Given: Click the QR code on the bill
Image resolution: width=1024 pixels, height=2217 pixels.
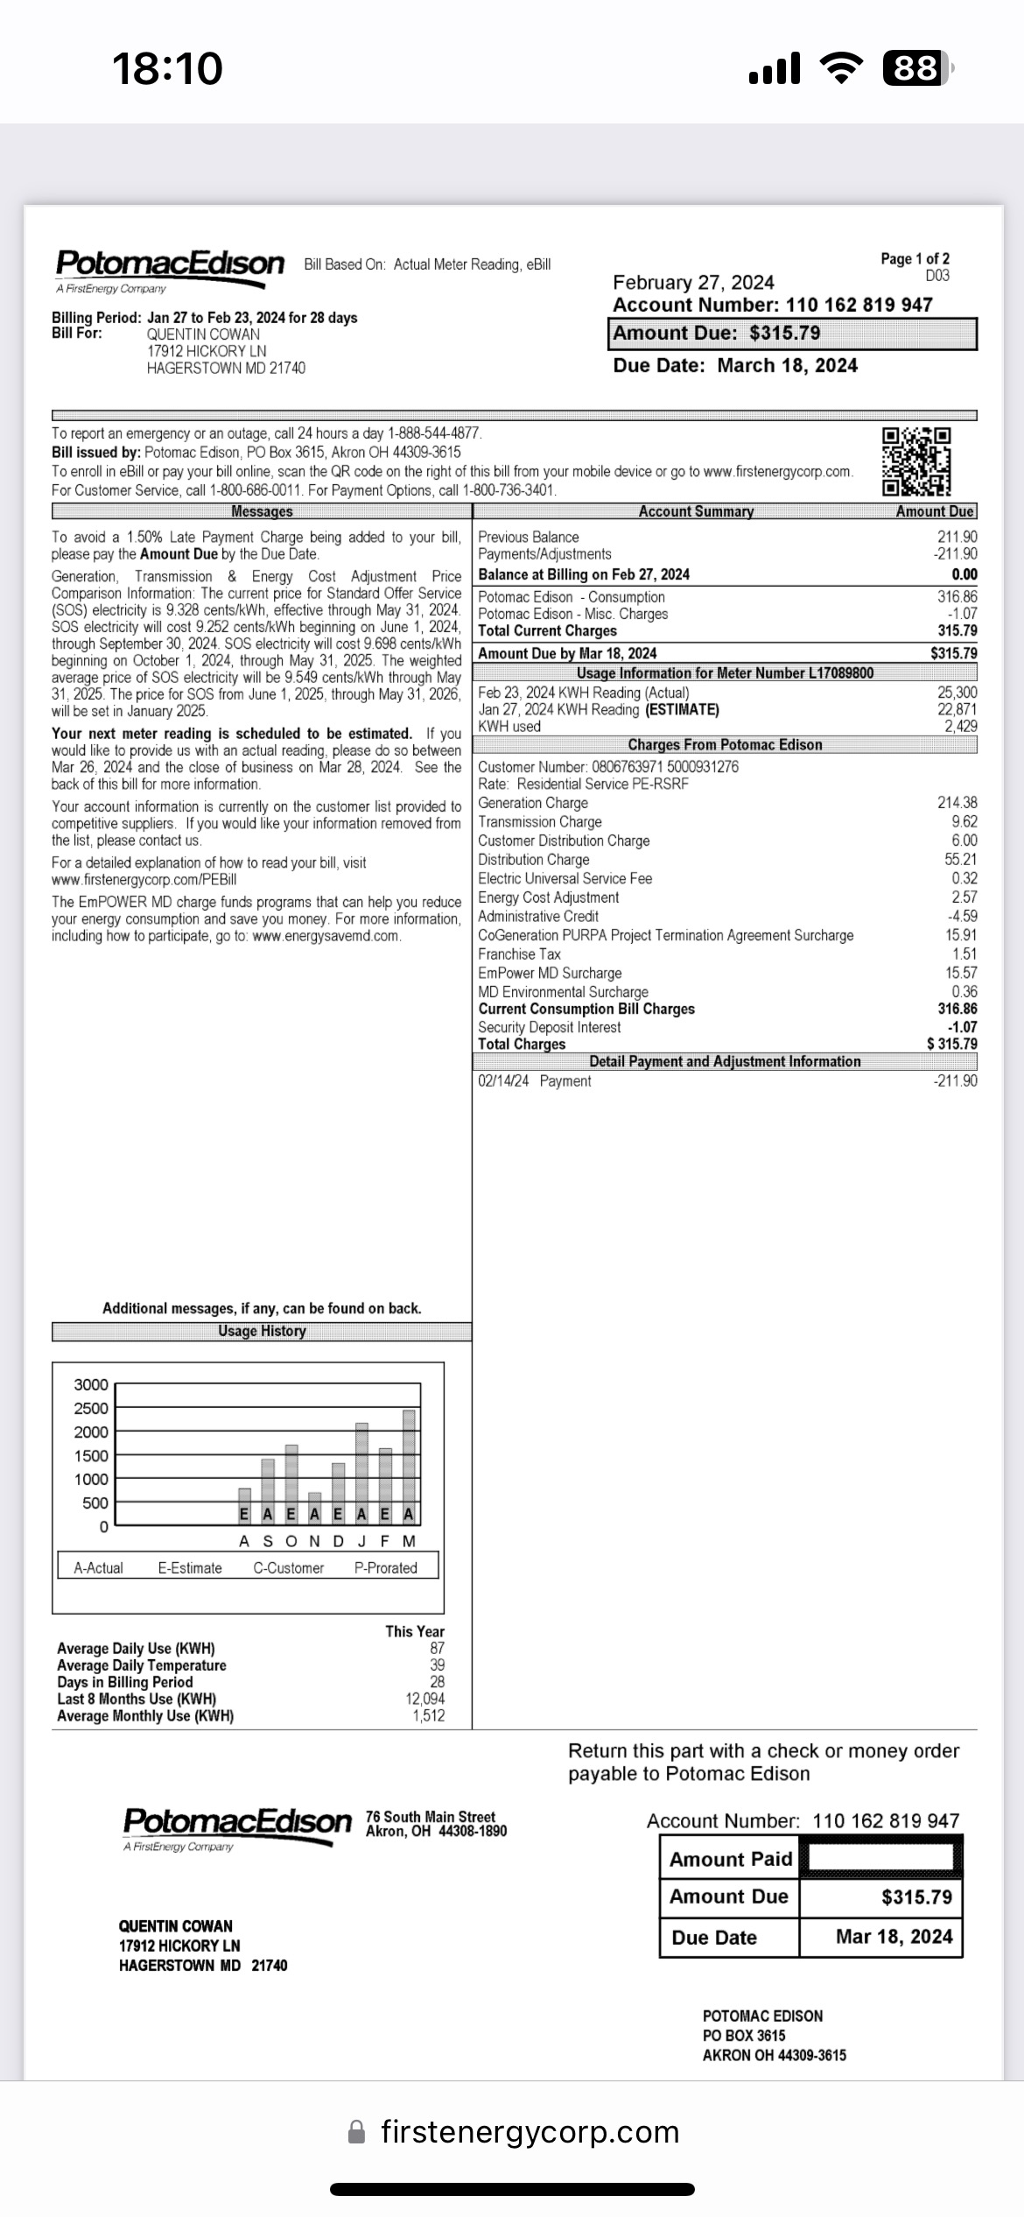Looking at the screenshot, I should tap(915, 461).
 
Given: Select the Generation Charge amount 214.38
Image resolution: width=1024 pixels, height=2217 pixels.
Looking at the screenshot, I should tap(957, 803).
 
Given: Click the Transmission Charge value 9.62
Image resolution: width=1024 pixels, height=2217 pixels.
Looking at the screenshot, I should tap(964, 821).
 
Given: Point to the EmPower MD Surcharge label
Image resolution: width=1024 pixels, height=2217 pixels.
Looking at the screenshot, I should tap(550, 973).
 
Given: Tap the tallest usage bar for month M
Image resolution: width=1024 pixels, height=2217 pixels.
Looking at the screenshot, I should tap(409, 1457).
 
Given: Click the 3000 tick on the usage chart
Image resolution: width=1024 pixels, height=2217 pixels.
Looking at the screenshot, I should tap(91, 1384).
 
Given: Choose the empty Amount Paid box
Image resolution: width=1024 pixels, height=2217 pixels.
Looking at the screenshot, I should tap(880, 1858).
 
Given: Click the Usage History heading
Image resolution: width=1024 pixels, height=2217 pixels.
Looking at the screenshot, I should tap(262, 1331).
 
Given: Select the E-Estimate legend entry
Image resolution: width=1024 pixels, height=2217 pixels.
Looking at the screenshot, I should tap(190, 1567).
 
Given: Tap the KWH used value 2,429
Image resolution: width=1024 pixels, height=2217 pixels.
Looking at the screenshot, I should tap(960, 726).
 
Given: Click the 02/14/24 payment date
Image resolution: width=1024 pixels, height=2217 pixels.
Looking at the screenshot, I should tap(503, 1081).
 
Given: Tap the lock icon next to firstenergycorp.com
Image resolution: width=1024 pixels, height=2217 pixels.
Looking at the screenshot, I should tap(356, 2131).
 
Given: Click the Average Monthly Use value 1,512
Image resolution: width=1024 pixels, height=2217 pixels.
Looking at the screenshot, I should tap(428, 1715).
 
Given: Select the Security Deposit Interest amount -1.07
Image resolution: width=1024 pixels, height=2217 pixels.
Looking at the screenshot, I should tap(962, 1027).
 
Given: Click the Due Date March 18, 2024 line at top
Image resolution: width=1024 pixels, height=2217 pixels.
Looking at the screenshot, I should tap(735, 365).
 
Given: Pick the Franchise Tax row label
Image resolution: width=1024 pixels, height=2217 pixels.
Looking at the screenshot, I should tap(519, 954).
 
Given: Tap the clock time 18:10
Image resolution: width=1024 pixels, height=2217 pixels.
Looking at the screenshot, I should tap(167, 68).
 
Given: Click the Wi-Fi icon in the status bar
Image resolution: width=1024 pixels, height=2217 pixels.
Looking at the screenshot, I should tap(840, 68).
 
